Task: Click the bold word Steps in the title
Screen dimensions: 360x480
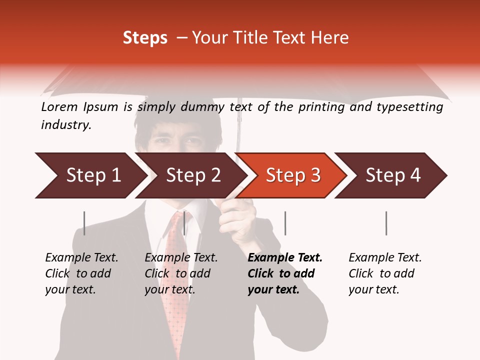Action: (x=145, y=38)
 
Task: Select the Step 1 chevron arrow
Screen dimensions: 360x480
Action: (x=90, y=175)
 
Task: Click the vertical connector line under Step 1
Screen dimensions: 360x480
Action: (x=84, y=223)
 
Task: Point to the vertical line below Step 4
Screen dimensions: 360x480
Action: (x=386, y=223)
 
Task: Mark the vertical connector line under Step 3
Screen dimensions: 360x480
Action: (x=285, y=223)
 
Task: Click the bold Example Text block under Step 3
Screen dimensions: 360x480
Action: (x=284, y=273)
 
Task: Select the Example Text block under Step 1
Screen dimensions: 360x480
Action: (x=81, y=273)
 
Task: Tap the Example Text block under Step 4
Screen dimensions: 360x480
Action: (x=385, y=273)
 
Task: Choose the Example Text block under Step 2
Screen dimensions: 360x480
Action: (x=181, y=273)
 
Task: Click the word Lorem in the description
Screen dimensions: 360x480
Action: (x=59, y=107)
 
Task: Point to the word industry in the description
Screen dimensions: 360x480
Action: (x=65, y=125)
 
